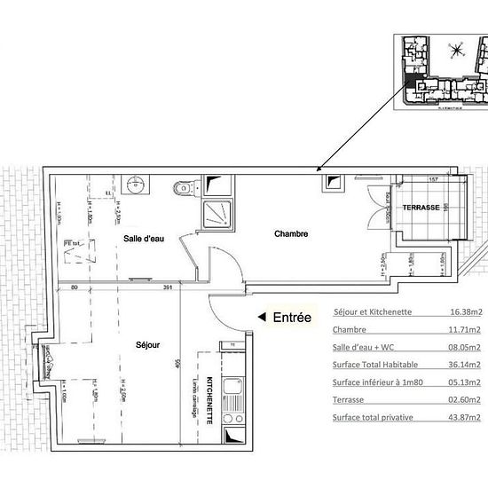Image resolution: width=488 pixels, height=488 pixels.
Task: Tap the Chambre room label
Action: point(291,234)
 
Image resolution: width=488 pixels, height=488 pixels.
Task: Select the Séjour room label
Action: point(147,344)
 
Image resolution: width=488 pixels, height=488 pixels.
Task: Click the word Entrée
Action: point(292,317)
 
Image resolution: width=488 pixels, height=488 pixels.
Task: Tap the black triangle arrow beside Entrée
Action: point(261,317)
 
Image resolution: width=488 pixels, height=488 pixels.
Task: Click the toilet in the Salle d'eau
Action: point(185,187)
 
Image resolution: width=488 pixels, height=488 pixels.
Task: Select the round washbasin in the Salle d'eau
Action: point(136,185)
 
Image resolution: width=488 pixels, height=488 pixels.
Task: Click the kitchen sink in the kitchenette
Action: point(232,388)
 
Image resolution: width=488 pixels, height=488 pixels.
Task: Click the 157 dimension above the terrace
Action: point(435,179)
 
